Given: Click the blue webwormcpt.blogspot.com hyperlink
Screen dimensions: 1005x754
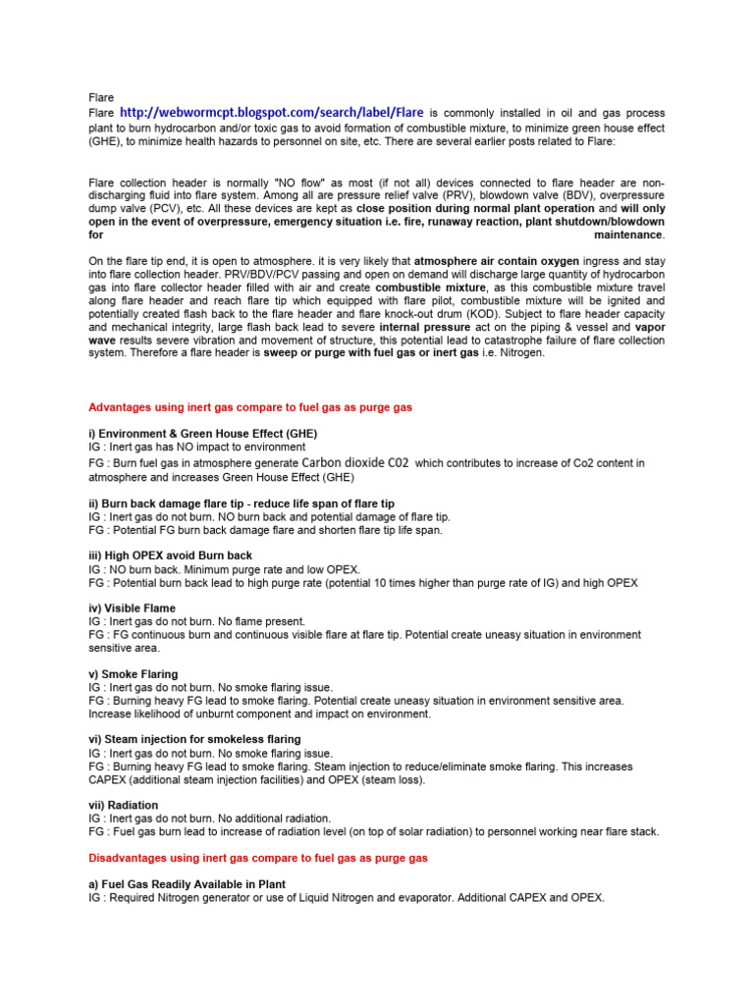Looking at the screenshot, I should click(x=272, y=113).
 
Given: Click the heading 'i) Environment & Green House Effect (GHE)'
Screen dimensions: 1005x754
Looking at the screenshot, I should click(x=203, y=433).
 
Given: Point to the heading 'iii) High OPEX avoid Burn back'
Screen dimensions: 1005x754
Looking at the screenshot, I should click(x=171, y=555).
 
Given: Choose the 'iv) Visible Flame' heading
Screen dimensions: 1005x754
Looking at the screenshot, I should click(x=133, y=608).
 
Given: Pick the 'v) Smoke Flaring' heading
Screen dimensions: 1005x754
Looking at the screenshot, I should click(x=134, y=674).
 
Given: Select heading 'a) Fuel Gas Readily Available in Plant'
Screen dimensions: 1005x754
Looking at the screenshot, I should click(x=188, y=884).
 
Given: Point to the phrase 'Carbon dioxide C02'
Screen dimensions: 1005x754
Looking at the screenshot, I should click(x=355, y=461).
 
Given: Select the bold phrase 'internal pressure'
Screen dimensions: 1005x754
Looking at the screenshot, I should click(x=424, y=327).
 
